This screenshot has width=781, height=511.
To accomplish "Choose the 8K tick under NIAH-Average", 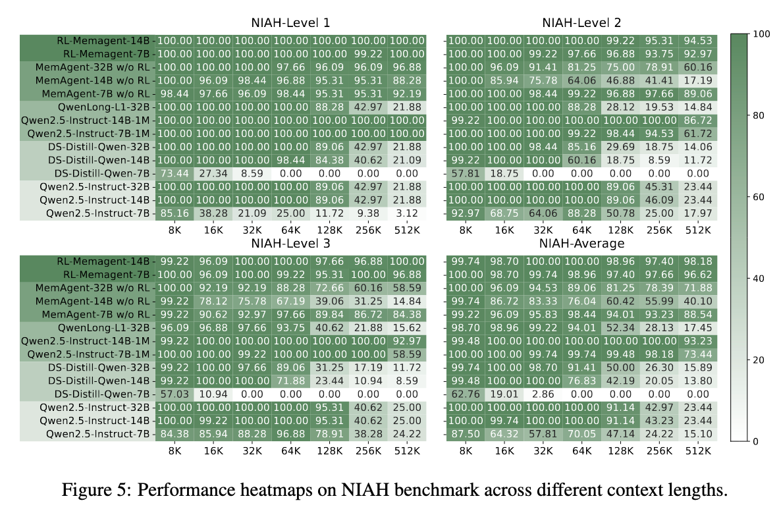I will [466, 451].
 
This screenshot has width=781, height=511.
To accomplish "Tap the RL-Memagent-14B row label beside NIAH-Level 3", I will [107, 261].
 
